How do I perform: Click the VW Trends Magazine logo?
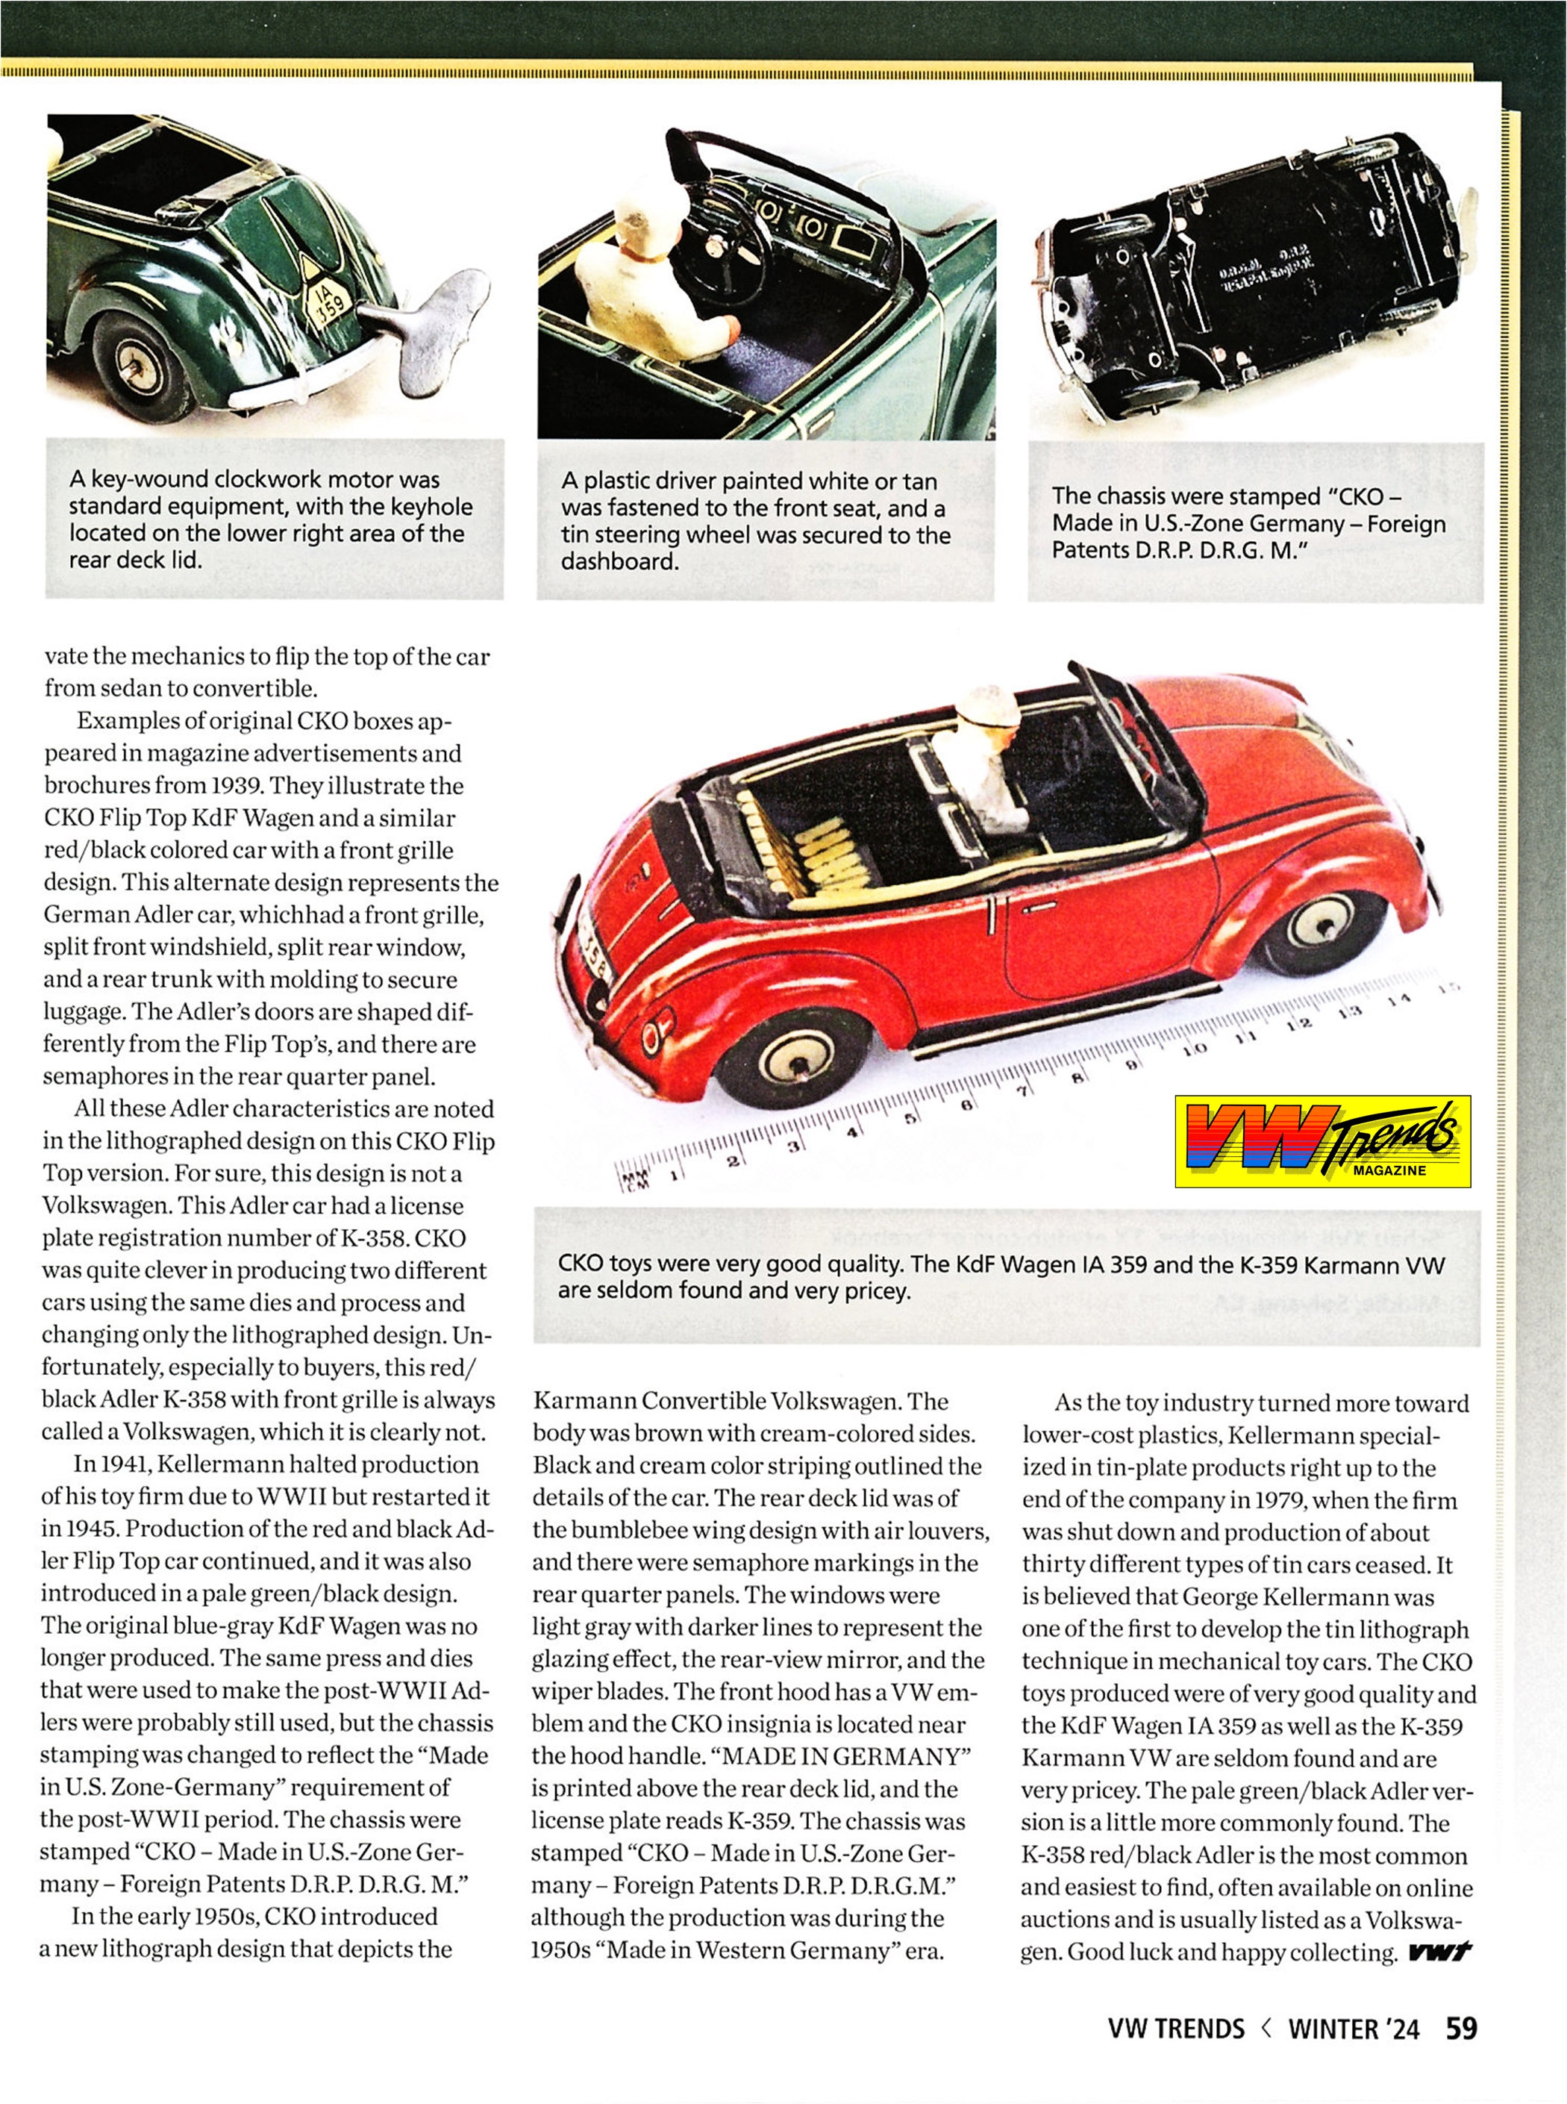pos(1322,1141)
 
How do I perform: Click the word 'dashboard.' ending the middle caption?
pos(619,561)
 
